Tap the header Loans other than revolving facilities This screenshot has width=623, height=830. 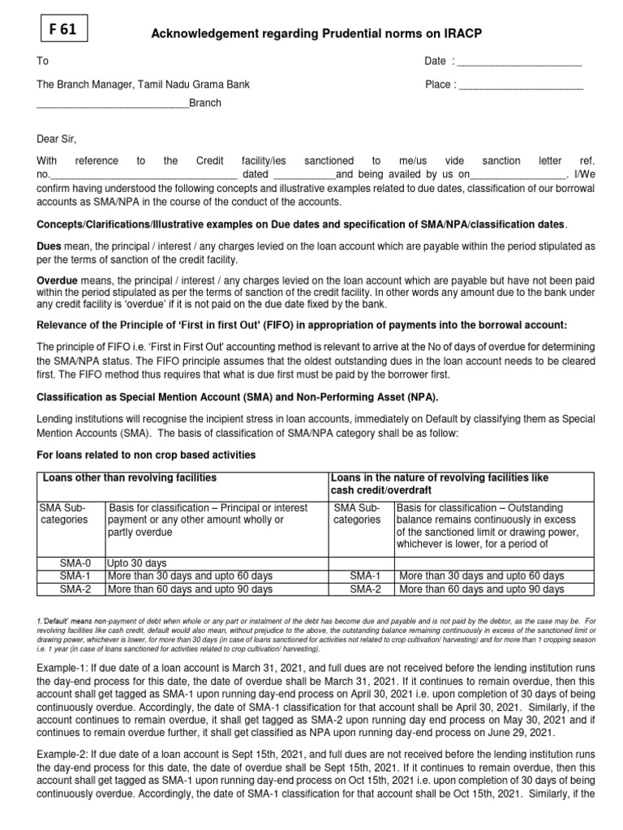pyautogui.click(x=129, y=478)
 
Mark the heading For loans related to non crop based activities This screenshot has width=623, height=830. pyautogui.click(x=146, y=456)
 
